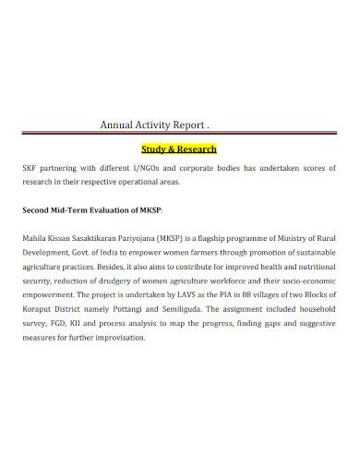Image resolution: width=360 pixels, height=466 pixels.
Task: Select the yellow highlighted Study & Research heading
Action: click(179, 149)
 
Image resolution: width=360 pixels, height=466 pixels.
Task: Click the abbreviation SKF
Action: click(31, 169)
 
